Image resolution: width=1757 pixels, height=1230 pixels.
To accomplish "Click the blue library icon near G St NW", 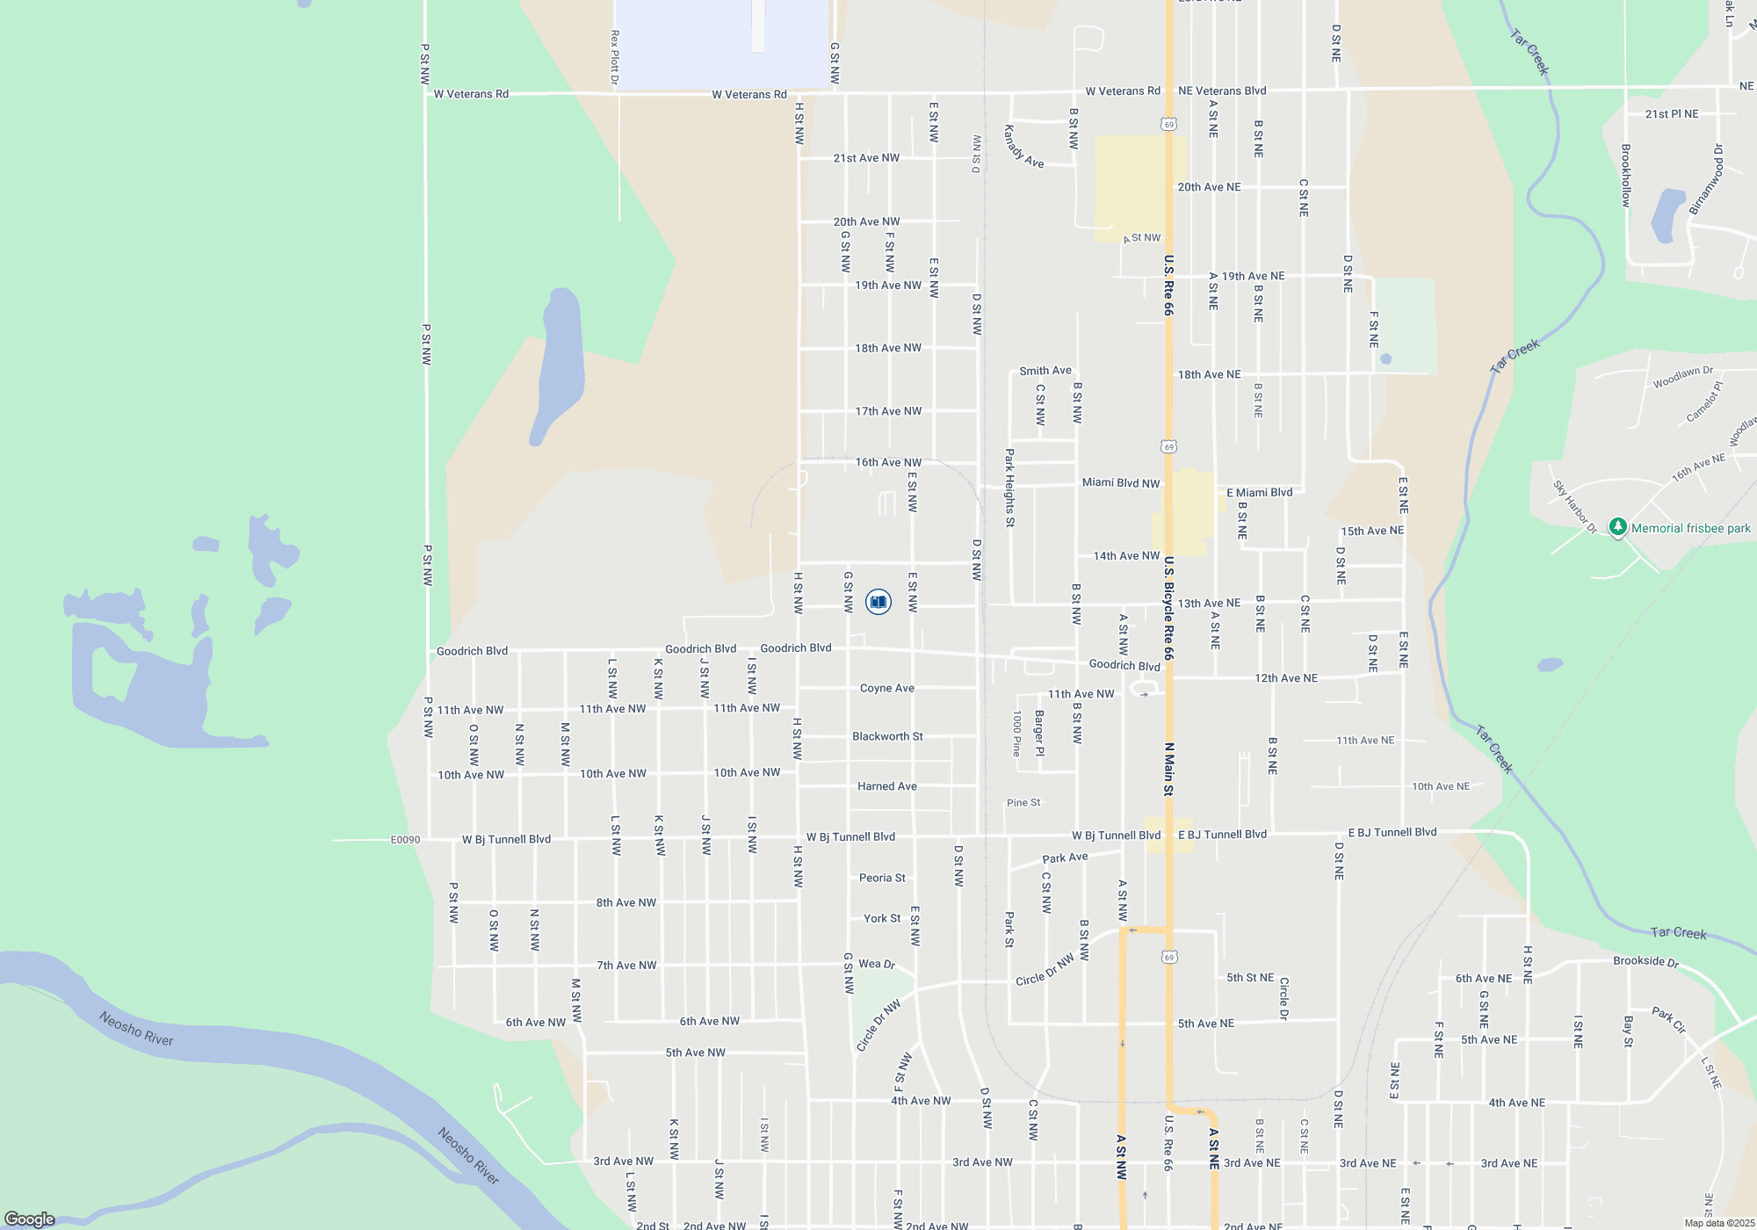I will [878, 602].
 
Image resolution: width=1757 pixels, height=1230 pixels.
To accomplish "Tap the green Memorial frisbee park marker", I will [1617, 527].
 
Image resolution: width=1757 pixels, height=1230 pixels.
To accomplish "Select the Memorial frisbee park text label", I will [1690, 528].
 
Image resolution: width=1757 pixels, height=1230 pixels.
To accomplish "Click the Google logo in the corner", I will [30, 1219].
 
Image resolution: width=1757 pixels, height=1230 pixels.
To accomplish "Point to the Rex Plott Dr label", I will [615, 58].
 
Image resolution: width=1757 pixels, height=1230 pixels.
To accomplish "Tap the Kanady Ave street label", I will [1023, 147].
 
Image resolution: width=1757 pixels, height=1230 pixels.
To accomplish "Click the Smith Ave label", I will [1045, 371].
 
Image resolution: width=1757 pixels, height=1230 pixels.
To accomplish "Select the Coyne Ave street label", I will [886, 688].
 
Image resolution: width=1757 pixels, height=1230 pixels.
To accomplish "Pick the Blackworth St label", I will [887, 736].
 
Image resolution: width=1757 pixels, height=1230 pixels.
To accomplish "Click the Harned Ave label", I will [886, 786].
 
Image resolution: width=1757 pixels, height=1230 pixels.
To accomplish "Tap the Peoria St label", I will [882, 878].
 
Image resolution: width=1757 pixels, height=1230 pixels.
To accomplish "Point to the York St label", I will [882, 918].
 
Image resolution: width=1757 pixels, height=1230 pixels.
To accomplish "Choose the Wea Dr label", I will [877, 964].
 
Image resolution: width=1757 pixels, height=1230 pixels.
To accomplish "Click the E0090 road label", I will [405, 840].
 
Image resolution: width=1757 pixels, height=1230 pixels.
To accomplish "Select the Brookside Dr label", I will [1645, 961].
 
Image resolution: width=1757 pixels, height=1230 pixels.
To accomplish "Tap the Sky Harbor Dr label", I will [1573, 507].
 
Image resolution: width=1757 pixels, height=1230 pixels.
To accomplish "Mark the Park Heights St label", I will [1009, 488].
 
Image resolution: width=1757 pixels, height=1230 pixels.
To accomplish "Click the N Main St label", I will [1168, 769].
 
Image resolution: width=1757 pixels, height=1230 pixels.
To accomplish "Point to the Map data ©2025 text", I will [1719, 1223].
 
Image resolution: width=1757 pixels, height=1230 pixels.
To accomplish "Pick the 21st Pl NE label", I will [1671, 114].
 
